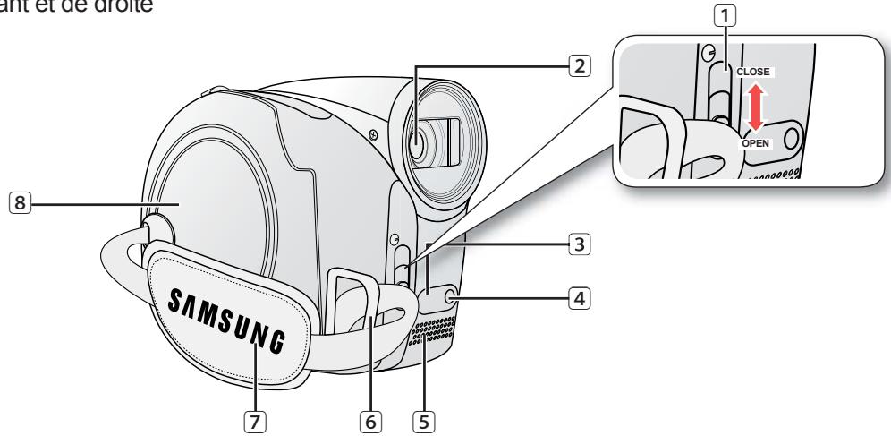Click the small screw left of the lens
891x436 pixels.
pos(371,135)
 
